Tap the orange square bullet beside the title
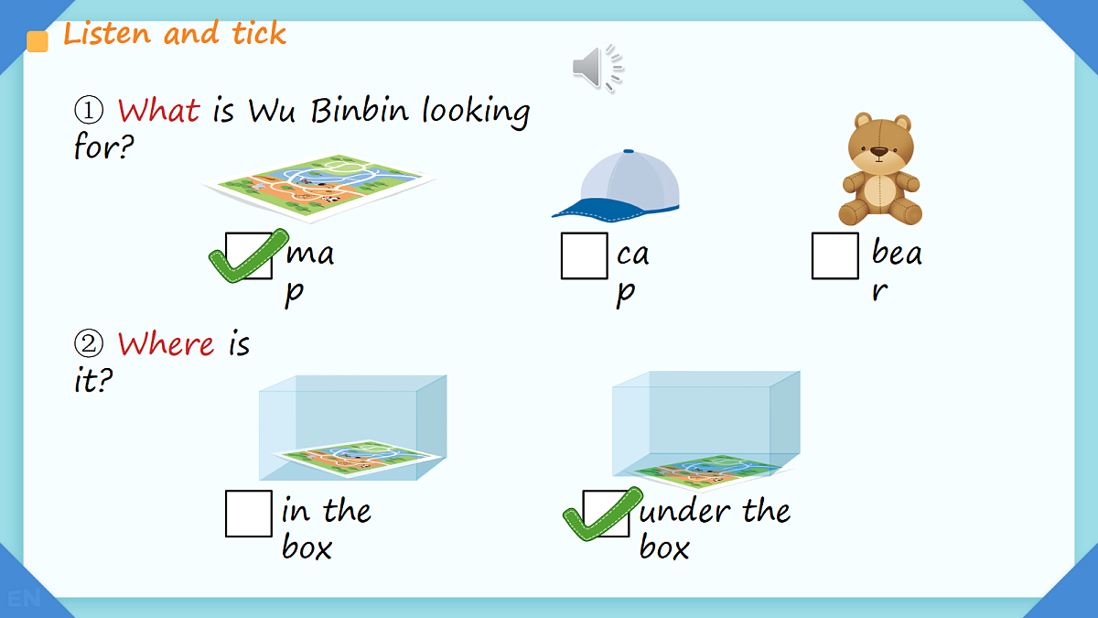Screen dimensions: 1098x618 click(38, 41)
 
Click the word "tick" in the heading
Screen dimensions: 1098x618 click(259, 33)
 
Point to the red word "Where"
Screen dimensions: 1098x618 click(166, 343)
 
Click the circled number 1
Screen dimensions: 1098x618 click(89, 110)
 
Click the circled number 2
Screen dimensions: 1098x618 click(89, 343)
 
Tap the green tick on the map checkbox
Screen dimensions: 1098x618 click(248, 256)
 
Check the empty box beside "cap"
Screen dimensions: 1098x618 click(585, 256)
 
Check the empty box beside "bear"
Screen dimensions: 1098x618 click(835, 256)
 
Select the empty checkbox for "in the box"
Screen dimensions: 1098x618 click(249, 514)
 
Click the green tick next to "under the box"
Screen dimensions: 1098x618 click(602, 515)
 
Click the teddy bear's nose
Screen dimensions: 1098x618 click(879, 152)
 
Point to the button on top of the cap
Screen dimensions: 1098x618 click(629, 151)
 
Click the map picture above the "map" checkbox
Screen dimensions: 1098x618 click(319, 188)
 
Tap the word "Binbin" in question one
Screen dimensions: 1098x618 click(360, 110)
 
